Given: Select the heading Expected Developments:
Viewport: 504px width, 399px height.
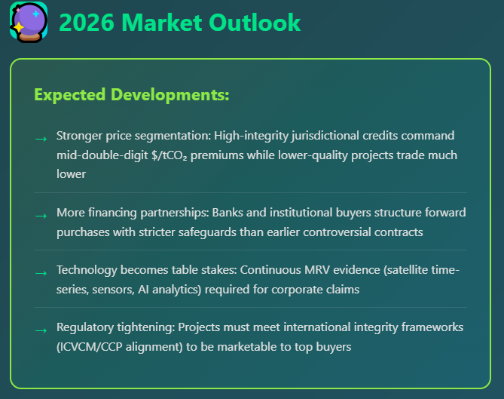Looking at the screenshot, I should [x=131, y=95].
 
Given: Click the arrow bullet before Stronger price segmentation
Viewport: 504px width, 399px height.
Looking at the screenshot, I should [x=40, y=138].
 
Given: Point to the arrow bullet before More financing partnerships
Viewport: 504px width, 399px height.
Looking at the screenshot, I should [x=40, y=215].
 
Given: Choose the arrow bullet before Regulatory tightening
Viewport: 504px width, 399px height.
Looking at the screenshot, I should [x=40, y=330].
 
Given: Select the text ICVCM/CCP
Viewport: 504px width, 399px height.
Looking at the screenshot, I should [x=94, y=347].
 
